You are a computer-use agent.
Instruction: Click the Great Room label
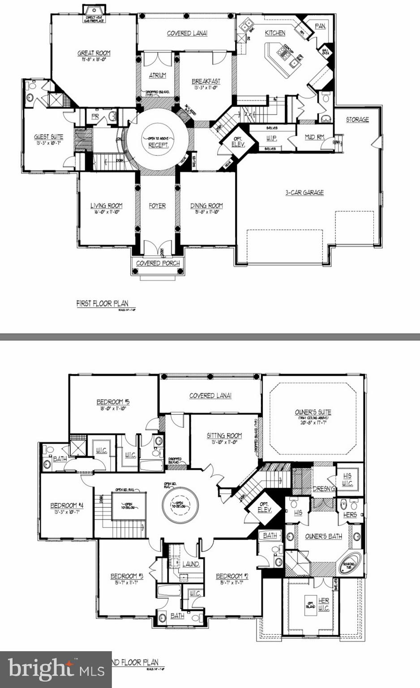pos(94,53)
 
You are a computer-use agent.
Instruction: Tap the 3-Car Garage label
pos(304,193)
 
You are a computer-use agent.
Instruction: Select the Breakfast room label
pos(206,82)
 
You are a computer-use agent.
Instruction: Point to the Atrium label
pos(157,75)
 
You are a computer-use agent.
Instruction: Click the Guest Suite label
pos(49,137)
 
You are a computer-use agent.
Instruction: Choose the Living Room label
pos(106,206)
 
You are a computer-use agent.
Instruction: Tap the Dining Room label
pos(206,206)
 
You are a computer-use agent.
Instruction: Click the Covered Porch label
pos(158,263)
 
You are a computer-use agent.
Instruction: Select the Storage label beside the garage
pos(357,120)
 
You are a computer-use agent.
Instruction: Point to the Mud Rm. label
pos(315,137)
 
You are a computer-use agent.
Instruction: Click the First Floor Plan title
pos(102,304)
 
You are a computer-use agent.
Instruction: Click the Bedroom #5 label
pos(113,402)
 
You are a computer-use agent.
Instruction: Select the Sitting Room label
pos(224,435)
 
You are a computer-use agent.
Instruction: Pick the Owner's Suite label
pos(313,412)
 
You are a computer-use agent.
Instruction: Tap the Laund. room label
pos(191,564)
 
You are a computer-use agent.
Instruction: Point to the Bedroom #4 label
pos(67,506)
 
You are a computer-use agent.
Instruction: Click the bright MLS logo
pos(56,669)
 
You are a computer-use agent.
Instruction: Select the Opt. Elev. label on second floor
pos(265,507)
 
